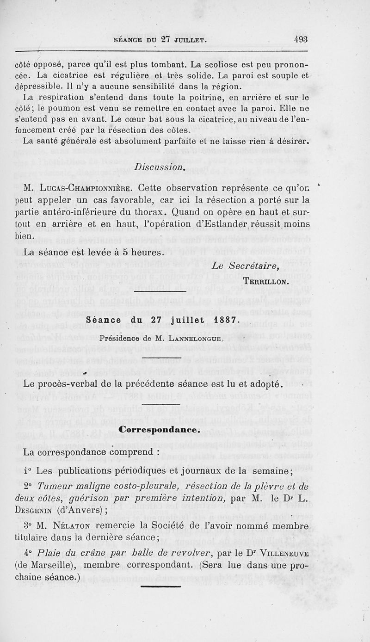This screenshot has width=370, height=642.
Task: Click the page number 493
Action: coord(300,40)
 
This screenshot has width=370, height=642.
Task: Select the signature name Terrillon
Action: coord(265,281)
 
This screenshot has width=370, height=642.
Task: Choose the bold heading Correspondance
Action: coord(159,429)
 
